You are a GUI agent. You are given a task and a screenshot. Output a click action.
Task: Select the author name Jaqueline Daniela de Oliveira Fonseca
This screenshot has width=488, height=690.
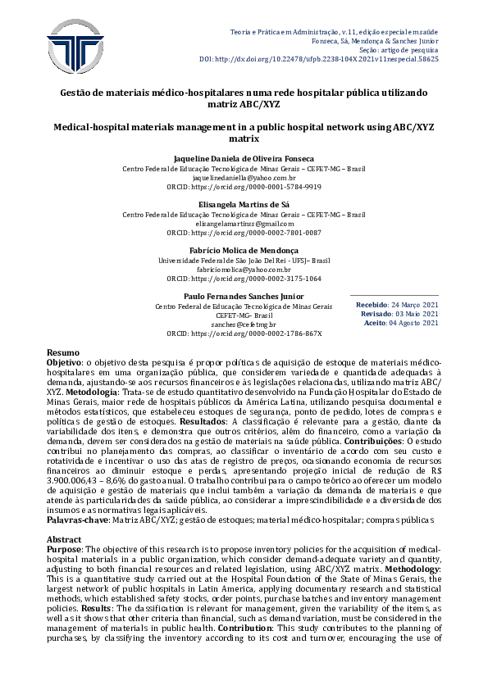pos(244,158)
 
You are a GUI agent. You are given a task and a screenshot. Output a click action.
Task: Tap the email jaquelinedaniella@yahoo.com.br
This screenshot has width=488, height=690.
pos(244,177)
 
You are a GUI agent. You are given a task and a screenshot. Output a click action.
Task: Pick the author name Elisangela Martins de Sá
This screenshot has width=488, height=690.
pos(244,205)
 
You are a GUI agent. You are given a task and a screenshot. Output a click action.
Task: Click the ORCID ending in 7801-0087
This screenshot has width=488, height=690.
pos(244,233)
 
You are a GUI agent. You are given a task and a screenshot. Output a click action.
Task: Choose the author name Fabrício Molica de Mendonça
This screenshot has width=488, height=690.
pos(244,251)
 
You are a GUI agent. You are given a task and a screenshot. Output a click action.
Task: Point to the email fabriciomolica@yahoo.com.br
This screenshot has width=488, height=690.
pos(244,269)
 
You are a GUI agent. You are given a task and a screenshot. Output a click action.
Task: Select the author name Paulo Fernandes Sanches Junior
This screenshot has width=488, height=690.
pos(244,297)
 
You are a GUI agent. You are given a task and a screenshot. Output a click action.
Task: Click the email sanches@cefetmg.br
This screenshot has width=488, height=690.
pos(244,325)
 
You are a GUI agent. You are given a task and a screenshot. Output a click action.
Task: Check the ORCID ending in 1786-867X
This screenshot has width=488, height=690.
pos(244,334)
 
